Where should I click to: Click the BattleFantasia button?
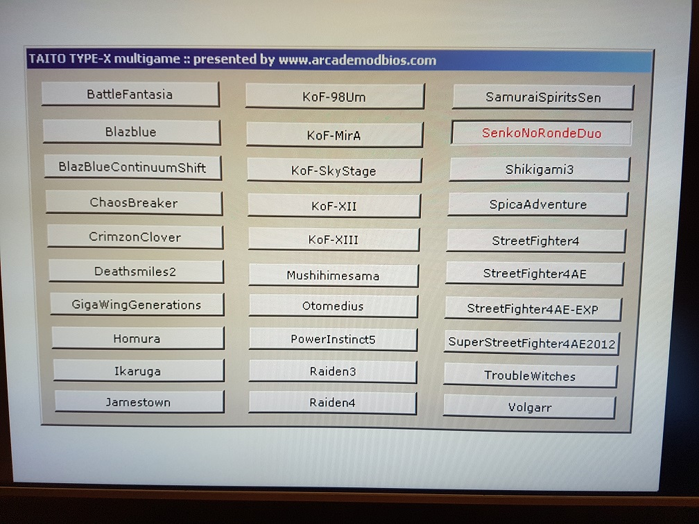pos(130,94)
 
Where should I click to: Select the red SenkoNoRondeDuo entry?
pos(542,133)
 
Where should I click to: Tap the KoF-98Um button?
pos(335,96)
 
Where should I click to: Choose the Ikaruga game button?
pos(138,371)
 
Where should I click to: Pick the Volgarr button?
pos(530,407)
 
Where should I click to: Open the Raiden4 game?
pos(333,403)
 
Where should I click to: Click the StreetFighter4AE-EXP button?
pos(533,309)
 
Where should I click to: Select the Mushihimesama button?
pos(333,275)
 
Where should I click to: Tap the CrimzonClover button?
pos(135,237)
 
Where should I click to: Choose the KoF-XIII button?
pos(334,240)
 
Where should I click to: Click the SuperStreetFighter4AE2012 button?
pos(531,342)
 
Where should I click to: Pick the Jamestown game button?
pos(139,402)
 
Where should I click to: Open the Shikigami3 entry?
pos(540,169)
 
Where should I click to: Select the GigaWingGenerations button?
pos(137,304)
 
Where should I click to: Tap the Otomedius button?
pos(333,306)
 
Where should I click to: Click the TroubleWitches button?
pos(530,376)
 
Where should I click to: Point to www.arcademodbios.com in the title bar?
pos(358,60)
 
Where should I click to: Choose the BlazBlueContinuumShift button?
pos(133,167)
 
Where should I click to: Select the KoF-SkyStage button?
pos(334,171)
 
